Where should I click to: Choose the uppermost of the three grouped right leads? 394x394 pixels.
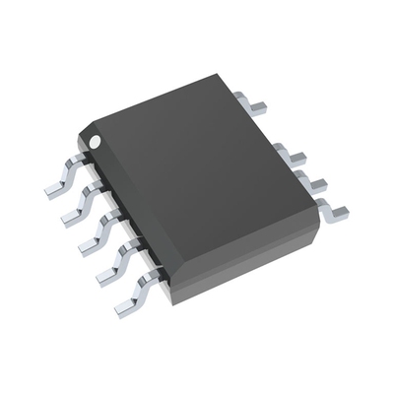[294, 153]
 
